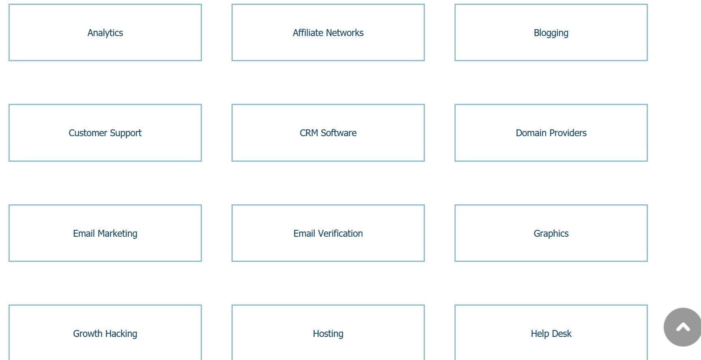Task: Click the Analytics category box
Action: click(105, 32)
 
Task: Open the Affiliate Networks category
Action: click(328, 32)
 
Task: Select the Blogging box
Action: click(551, 32)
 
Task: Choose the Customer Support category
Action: click(105, 133)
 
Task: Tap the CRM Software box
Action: click(328, 133)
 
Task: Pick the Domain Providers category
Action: click(551, 133)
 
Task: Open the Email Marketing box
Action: click(105, 233)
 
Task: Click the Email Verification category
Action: click(328, 233)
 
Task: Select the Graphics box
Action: click(551, 233)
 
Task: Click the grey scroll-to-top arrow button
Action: click(683, 327)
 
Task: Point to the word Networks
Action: click(345, 33)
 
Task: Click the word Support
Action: click(126, 133)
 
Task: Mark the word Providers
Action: click(568, 133)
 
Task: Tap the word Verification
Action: click(340, 234)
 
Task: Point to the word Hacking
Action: click(121, 334)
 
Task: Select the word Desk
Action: click(562, 334)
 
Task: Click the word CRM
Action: click(309, 133)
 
